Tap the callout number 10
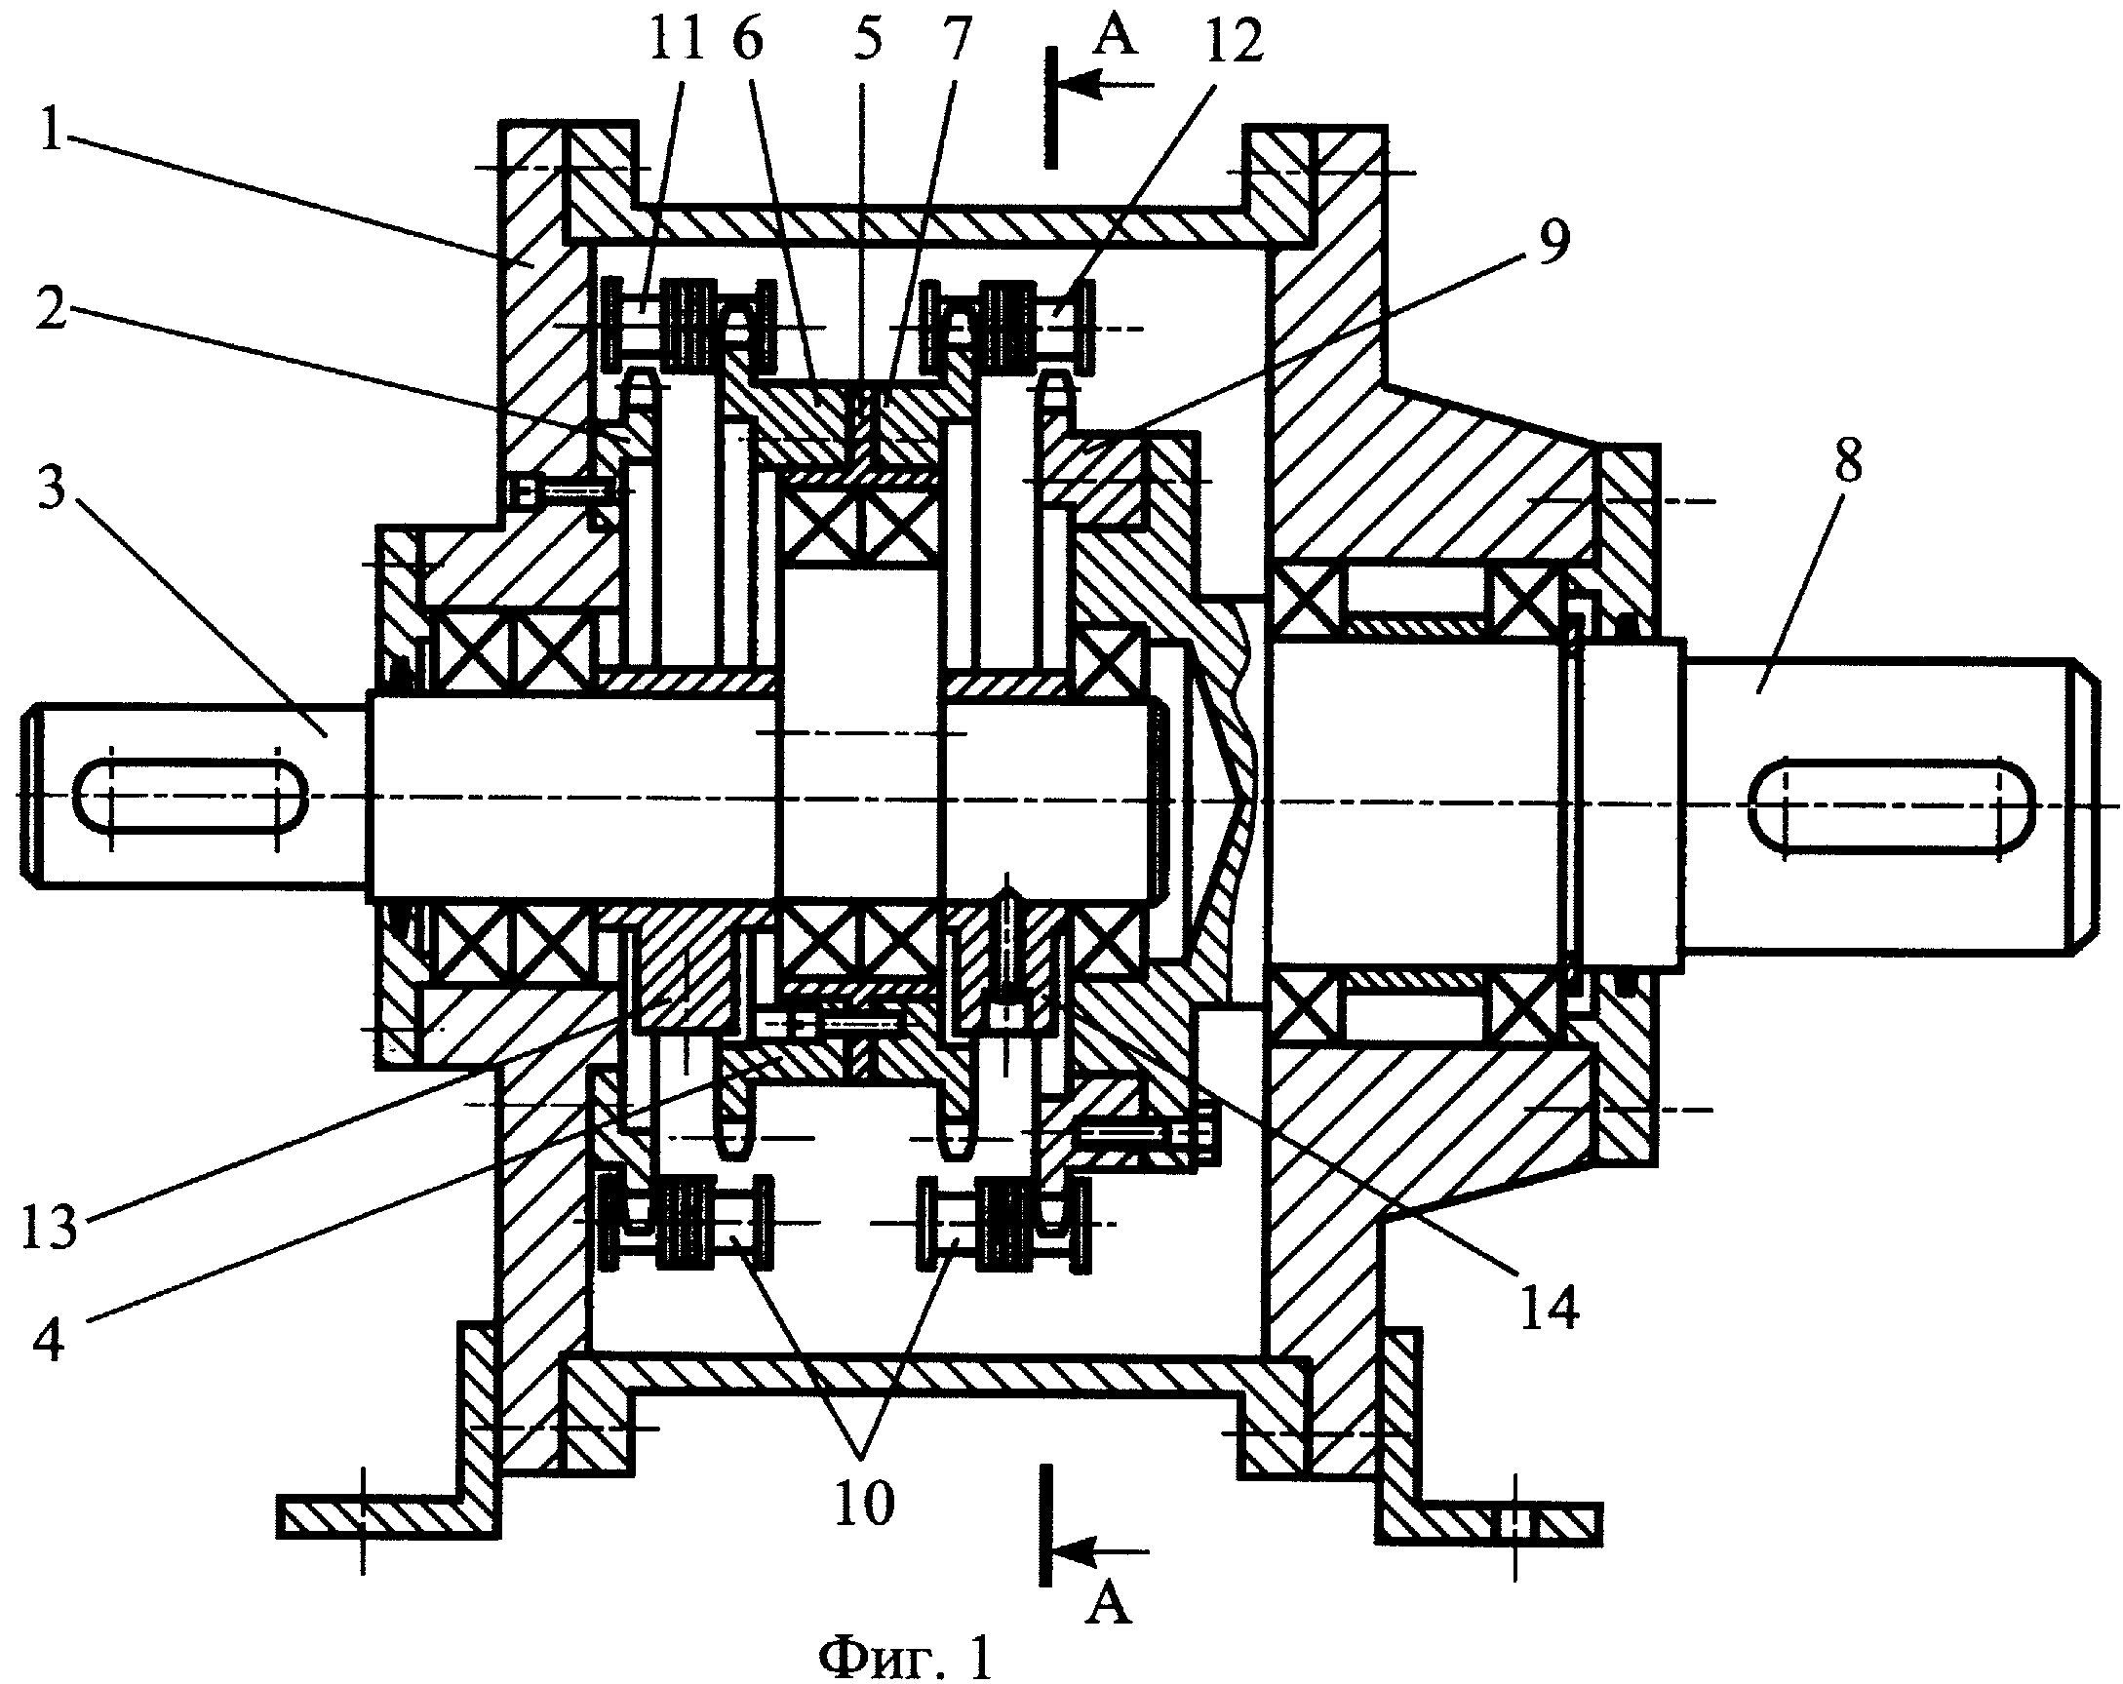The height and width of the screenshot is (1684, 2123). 864,1502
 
